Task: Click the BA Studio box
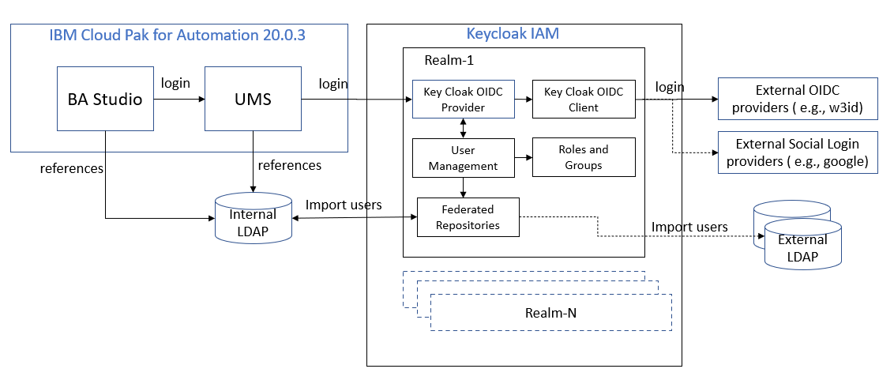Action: pos(106,99)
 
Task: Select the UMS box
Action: pos(253,99)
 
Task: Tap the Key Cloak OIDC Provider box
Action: pos(463,100)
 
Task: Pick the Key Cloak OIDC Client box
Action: pos(584,100)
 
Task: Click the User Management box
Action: pos(463,157)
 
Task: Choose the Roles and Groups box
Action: pos(584,157)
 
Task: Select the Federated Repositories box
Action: pos(468,216)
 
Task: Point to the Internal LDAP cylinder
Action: pos(253,217)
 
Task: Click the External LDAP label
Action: pos(802,248)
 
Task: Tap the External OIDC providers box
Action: pos(798,99)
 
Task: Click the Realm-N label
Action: pos(550,313)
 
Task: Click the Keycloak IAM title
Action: pos(513,34)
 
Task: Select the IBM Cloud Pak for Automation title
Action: pos(178,36)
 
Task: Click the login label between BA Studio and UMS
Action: pos(175,83)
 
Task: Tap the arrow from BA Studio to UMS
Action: pos(179,100)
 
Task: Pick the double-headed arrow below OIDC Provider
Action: pos(463,128)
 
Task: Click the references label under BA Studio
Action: pos(72,169)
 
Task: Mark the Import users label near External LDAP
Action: pos(690,227)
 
